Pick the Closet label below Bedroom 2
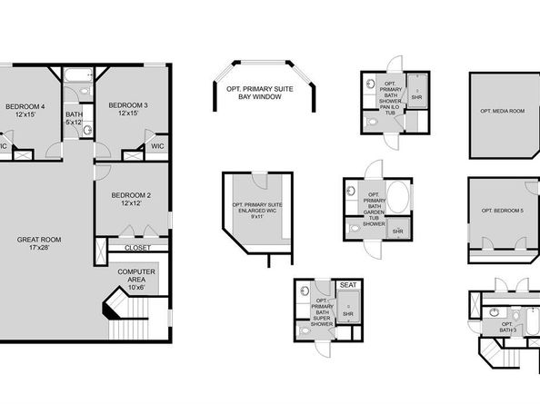tap(136, 247)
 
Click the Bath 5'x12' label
tap(74, 117)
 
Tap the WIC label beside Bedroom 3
tap(157, 145)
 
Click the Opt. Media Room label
tap(503, 111)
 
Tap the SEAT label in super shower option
tap(348, 285)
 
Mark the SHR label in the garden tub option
tap(397, 232)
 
